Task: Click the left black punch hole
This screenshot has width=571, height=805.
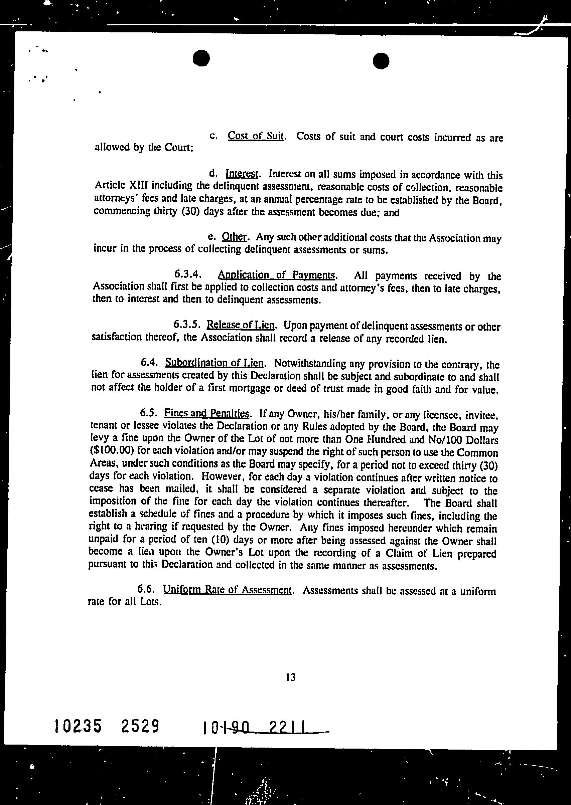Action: (201, 58)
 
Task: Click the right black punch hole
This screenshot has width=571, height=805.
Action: (381, 61)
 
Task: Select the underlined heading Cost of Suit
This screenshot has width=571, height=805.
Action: (256, 136)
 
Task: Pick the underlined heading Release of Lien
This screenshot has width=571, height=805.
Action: (240, 325)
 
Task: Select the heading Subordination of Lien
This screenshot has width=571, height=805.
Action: (214, 362)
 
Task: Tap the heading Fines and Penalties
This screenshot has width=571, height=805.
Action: (207, 413)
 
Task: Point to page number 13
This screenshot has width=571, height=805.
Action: (291, 677)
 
